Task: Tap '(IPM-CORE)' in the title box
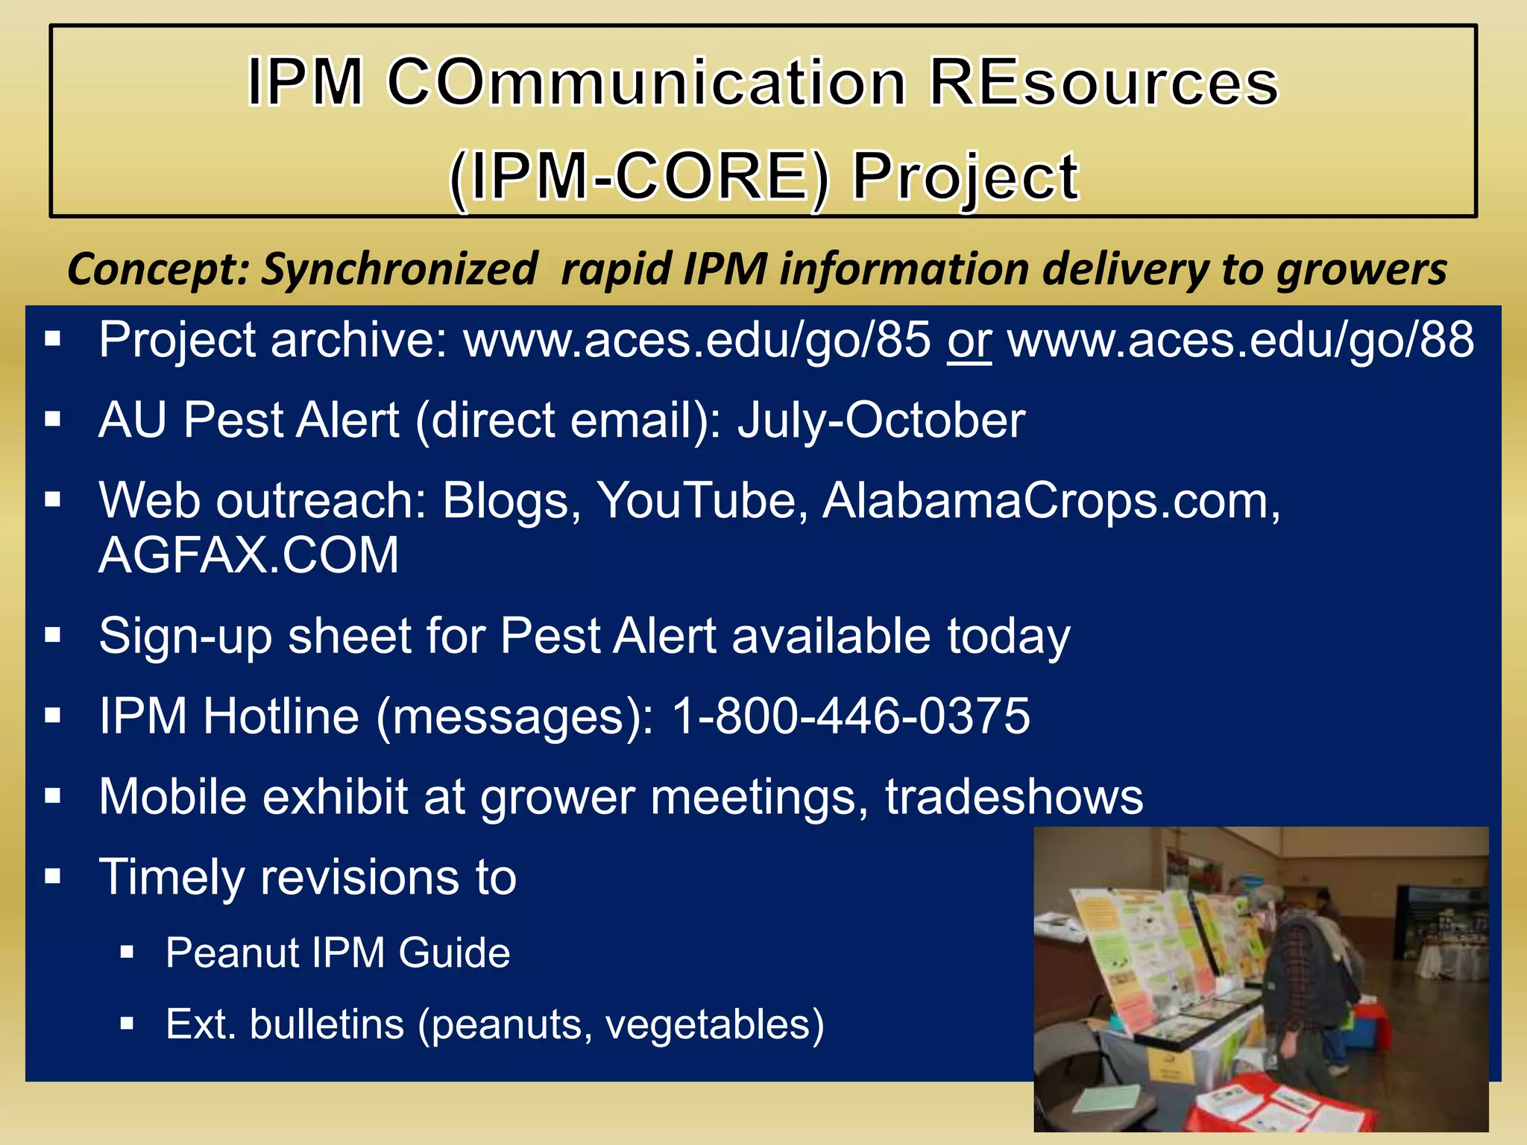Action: tap(640, 177)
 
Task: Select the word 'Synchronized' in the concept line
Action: tap(399, 269)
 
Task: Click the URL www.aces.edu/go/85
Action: tap(697, 341)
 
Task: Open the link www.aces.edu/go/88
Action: tap(1241, 341)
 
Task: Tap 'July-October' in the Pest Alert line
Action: tap(881, 420)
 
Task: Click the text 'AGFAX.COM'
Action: tap(249, 555)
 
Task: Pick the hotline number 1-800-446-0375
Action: tap(851, 716)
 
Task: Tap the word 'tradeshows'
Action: tap(1014, 797)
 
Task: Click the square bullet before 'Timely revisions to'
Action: tap(52, 876)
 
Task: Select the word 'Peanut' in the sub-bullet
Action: tap(232, 953)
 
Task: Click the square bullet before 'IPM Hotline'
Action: tap(52, 716)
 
